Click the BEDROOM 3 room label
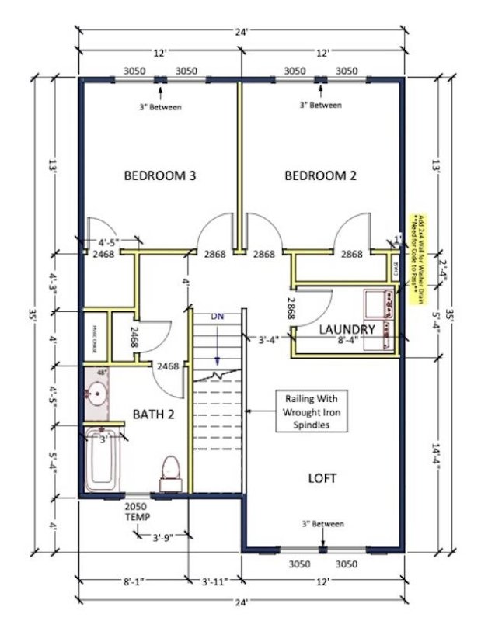(159, 176)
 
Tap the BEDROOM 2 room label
(320, 176)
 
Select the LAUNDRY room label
(347, 330)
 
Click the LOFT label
(322, 478)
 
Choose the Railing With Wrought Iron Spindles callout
(310, 411)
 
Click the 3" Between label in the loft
(322, 524)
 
